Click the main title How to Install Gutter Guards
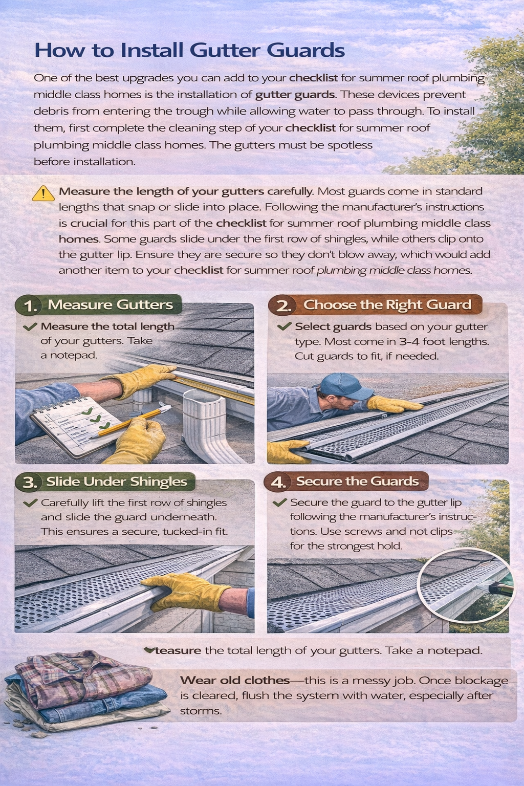189,50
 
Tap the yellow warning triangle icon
43,193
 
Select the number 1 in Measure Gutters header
31,305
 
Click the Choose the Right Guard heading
387,304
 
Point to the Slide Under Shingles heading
116,482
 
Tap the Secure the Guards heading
357,481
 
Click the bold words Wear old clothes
234,681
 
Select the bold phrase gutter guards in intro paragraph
295,95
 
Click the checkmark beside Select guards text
284,326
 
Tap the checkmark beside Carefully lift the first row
30,503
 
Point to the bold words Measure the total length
107,326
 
